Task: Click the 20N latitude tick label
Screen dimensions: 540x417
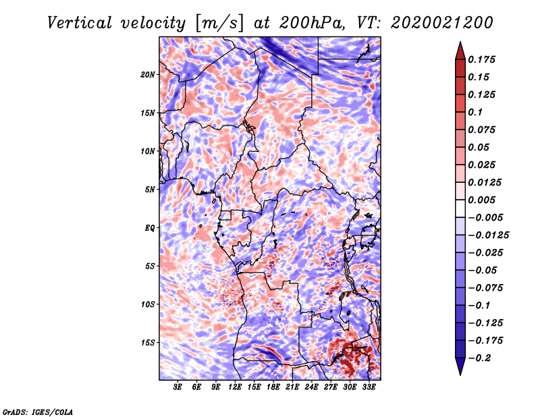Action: pos(148,75)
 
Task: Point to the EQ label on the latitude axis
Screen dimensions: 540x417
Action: pos(149,228)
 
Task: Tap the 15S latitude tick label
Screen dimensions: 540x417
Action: pos(148,343)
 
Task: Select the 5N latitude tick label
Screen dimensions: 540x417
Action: pos(150,190)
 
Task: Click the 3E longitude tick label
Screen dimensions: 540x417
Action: pos(178,387)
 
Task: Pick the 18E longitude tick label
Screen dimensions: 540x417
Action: pos(273,387)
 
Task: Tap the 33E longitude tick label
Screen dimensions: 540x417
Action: pos(369,387)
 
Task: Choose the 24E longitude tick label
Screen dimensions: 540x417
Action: pos(311,387)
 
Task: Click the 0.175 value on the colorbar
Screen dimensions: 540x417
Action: pos(481,59)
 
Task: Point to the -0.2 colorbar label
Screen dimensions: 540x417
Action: pos(479,358)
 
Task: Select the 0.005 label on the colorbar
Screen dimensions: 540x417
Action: pos(481,200)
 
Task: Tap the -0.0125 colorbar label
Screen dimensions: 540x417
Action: pos(488,235)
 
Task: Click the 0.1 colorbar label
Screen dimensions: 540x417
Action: pos(475,112)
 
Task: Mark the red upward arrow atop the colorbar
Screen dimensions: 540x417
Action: pos(460,51)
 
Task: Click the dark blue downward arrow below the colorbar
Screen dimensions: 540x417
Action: pos(460,366)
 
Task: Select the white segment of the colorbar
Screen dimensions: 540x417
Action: pos(460,208)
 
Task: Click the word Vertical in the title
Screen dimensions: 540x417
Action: pos(80,23)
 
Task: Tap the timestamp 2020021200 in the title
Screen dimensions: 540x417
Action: pos(442,23)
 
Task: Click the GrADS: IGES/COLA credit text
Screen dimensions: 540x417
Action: pos(38,412)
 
